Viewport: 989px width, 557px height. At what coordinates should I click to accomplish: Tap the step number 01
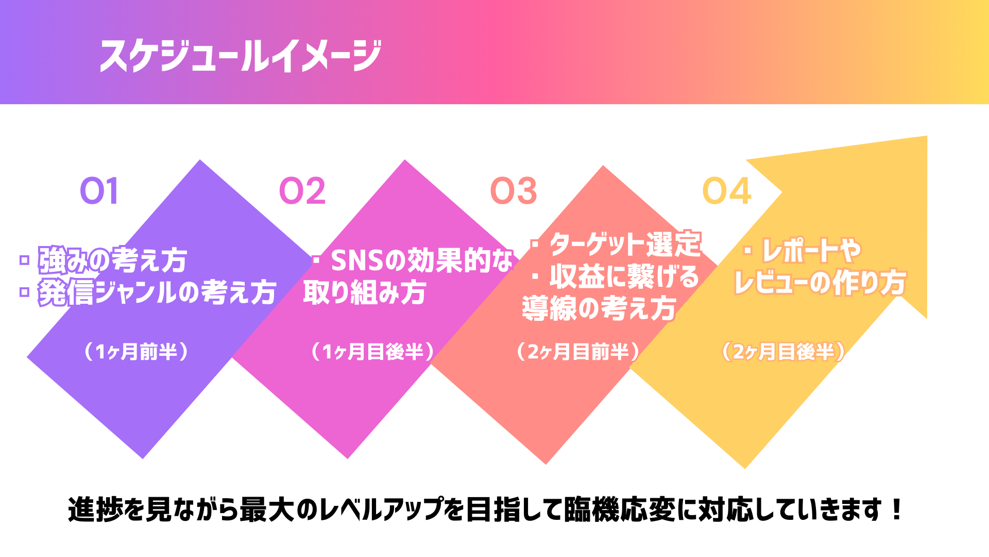(x=99, y=191)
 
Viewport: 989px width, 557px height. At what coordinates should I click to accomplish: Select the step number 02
(x=302, y=191)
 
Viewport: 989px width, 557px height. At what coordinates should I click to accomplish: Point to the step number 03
(x=514, y=191)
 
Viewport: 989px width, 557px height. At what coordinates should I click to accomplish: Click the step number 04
(x=727, y=191)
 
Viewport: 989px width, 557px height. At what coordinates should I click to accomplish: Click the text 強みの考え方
(x=112, y=260)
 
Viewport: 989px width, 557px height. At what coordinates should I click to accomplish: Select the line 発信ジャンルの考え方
(x=157, y=292)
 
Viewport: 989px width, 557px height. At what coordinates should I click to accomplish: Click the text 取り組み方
(x=365, y=292)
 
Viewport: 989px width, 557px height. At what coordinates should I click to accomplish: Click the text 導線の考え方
(x=599, y=308)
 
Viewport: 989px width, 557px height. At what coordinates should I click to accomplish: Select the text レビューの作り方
(x=820, y=283)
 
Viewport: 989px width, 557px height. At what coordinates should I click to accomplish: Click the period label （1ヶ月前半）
(x=137, y=352)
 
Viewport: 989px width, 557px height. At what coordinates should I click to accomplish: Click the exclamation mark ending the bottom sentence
(x=897, y=510)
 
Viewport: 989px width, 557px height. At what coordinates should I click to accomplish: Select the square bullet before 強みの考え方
(x=24, y=260)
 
